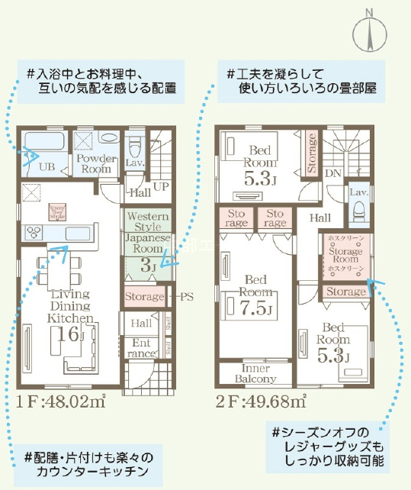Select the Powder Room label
95,163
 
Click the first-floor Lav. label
135,163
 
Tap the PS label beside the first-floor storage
185,296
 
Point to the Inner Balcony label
255,374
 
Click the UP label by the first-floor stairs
162,186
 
